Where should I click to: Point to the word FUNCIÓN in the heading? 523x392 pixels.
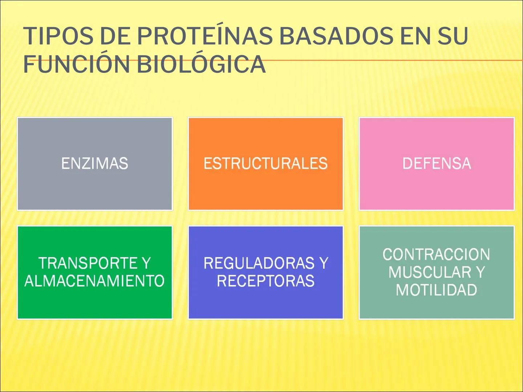pos(77,64)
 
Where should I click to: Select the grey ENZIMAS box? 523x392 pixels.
pos(95,164)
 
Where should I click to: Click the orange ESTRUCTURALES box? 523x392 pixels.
pos(265,164)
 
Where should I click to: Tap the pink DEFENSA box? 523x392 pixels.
pos(437,164)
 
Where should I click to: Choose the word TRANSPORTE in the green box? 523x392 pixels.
pos(87,263)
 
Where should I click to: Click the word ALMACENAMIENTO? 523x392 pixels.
pos(94,281)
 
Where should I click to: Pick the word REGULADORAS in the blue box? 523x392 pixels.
pos(259,263)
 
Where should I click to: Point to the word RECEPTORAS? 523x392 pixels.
pos(265,281)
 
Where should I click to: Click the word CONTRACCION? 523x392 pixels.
pos(436,254)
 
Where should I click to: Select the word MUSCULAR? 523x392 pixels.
pos(430,272)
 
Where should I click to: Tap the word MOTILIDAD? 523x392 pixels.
pos(436,290)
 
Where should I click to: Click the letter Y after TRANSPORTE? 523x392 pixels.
pos(146,263)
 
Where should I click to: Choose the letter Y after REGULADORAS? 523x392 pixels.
pos(324,263)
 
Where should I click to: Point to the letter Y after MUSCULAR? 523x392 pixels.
pos(480,272)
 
